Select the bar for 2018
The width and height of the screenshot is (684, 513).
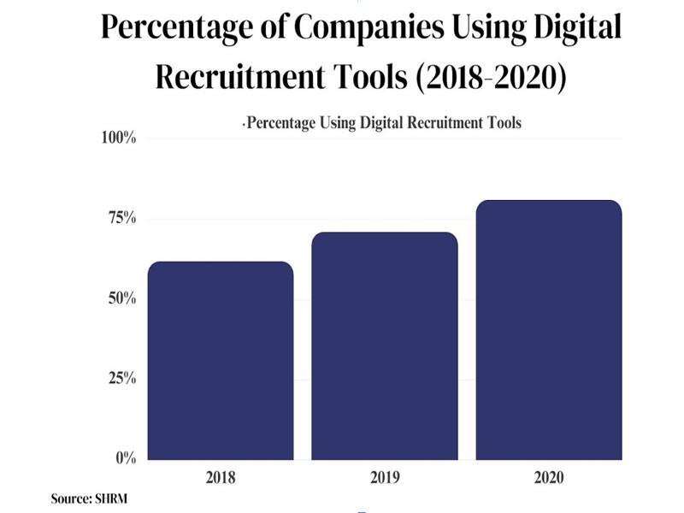pos(221,361)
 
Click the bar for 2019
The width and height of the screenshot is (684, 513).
pos(385,346)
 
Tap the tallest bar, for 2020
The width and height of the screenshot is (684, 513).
pos(548,330)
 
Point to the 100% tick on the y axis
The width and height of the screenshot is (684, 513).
pos(118,139)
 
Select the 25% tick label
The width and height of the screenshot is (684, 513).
pos(121,379)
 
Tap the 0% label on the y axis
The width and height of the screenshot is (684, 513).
pos(125,458)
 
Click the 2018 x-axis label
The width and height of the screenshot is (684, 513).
pos(221,477)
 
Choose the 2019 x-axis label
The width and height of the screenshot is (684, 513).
pos(385,477)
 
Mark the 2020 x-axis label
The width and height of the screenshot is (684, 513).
pos(548,477)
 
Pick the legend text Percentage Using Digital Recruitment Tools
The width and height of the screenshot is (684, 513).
pos(383,122)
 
